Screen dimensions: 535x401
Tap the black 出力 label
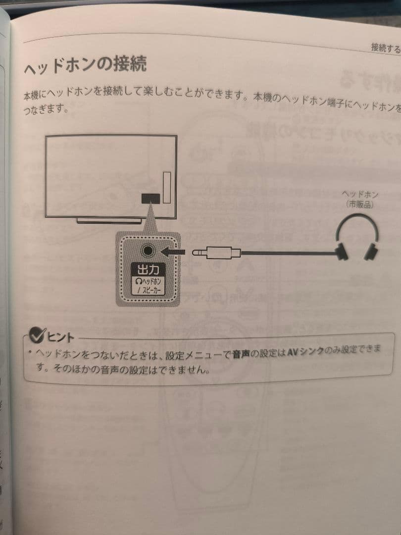pos(147,270)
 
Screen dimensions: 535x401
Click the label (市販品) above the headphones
pos(359,204)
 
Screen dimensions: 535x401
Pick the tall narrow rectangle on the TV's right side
pos(166,188)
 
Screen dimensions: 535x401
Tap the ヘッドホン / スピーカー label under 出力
pos(147,286)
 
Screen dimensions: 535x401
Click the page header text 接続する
pos(385,48)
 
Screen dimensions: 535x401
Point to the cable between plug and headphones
pos(287,254)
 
